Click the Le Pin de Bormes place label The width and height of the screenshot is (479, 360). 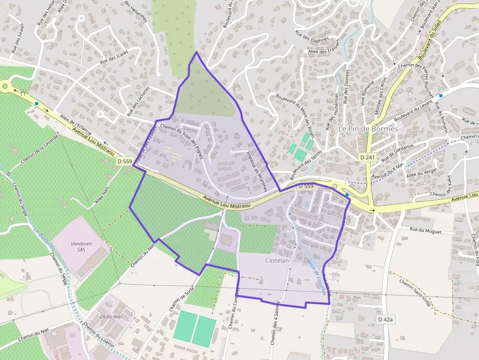click(x=368, y=128)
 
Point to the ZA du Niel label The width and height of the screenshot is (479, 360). click(x=110, y=316)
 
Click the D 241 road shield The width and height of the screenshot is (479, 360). click(x=368, y=157)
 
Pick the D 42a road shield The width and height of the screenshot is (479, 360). click(x=385, y=319)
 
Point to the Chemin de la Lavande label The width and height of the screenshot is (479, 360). click(x=40, y=149)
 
